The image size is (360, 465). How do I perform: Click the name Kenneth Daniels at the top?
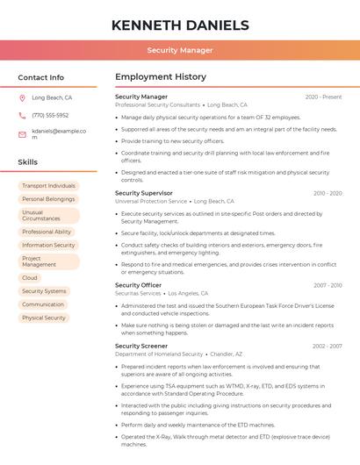click(x=180, y=25)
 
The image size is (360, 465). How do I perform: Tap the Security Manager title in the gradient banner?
click(x=180, y=50)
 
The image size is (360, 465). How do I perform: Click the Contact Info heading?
click(x=40, y=77)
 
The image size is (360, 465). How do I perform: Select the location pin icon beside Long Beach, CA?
click(x=22, y=98)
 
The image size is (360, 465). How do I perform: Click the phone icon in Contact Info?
click(x=22, y=115)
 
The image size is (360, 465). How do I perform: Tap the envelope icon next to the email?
click(x=22, y=134)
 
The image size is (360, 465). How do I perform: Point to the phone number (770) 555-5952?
click(x=50, y=115)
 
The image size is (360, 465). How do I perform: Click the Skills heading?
click(x=28, y=162)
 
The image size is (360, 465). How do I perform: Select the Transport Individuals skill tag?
click(x=48, y=186)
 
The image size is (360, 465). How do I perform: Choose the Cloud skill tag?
click(x=30, y=278)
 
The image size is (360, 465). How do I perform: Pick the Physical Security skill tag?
click(x=44, y=318)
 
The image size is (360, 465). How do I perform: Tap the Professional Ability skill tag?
click(x=47, y=232)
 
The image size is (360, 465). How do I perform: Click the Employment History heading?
click(x=161, y=77)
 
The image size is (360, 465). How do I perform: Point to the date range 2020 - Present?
click(x=323, y=97)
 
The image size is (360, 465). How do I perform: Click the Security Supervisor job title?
click(x=144, y=193)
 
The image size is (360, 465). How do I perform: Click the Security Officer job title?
click(x=139, y=285)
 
